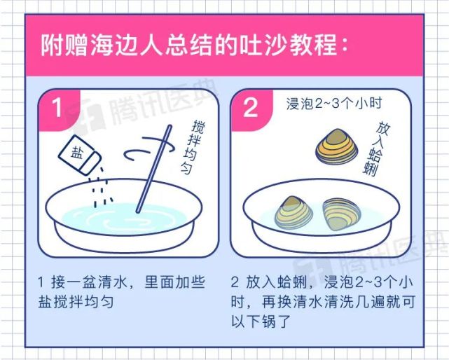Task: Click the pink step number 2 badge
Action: (249, 108)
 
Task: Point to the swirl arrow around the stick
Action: (143, 150)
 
